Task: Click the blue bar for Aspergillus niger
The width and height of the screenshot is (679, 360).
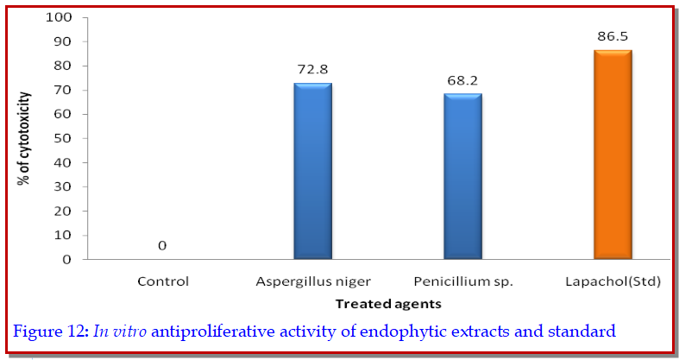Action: [x=312, y=171]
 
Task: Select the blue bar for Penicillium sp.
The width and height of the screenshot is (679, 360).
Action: [x=462, y=176]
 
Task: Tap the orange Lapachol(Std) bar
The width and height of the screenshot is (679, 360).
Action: [x=613, y=155]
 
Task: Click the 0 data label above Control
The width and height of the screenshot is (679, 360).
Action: [x=162, y=247]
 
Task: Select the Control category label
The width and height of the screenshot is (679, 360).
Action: [x=162, y=281]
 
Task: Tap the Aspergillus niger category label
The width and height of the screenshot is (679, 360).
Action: [x=312, y=281]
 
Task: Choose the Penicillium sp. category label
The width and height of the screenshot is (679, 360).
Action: [x=462, y=281]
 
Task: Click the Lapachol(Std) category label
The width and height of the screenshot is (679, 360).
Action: [x=613, y=281]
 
